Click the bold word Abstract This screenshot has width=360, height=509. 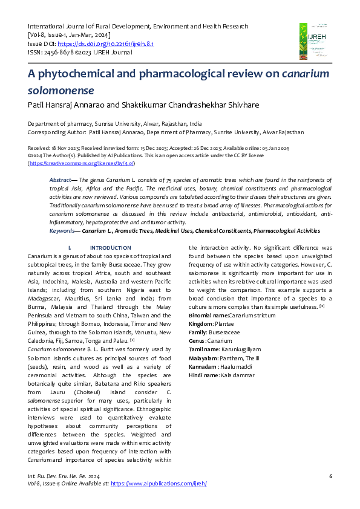[60, 181]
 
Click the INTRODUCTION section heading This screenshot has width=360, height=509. [110, 248]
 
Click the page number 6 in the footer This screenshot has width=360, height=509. [330, 476]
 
